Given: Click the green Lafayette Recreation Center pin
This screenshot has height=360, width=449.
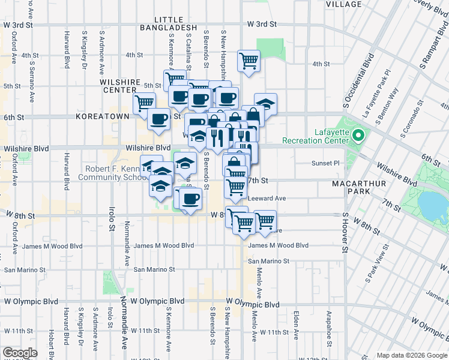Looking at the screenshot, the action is click(358, 135).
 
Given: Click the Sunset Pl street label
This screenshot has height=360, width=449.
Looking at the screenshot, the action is click(326, 163).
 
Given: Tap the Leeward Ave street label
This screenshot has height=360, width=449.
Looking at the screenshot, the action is click(267, 198).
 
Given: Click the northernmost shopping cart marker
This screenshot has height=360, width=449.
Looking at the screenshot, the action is click(249, 59).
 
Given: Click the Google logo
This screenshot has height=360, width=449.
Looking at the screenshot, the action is click(20, 353).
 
